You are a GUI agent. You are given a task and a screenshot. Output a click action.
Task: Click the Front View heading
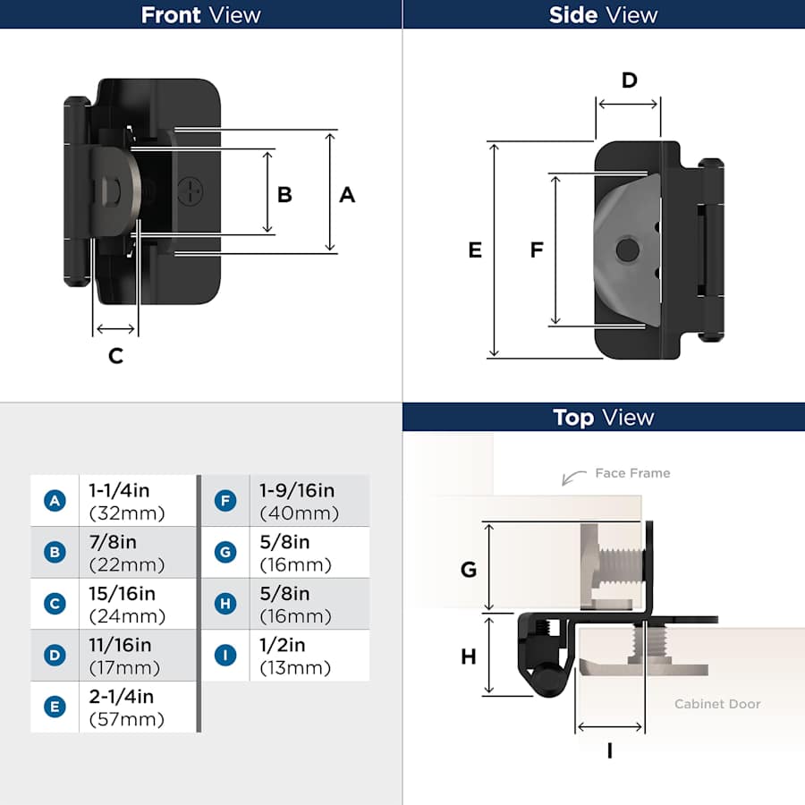point(200,15)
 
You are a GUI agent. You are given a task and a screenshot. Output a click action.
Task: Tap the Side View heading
point(603,15)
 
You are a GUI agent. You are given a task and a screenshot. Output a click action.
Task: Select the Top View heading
point(603,418)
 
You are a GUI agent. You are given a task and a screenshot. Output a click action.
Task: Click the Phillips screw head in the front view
point(190,191)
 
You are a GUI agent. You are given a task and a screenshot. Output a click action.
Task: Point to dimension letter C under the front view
point(116,356)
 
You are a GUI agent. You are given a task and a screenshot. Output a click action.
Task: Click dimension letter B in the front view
point(284,195)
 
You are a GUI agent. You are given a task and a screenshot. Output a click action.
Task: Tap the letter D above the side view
point(630,80)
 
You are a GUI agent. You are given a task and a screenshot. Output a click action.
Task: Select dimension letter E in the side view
point(475,250)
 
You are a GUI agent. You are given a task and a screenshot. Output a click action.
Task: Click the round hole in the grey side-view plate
point(627,250)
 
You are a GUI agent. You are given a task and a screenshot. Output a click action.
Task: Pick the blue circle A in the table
point(55,501)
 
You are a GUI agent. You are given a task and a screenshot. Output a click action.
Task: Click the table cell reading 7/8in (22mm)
point(138,553)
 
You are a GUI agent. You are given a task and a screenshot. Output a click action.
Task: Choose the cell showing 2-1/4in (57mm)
point(138,707)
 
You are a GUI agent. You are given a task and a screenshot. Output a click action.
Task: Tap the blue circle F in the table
point(225,501)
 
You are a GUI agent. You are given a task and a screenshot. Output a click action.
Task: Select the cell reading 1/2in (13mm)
point(309,656)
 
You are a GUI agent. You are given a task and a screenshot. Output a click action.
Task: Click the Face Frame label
point(632,473)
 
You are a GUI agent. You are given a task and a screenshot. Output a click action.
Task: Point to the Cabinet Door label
point(717,704)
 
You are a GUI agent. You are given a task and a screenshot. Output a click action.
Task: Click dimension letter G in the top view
point(468,570)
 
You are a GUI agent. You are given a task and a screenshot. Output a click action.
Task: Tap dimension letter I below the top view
point(610,751)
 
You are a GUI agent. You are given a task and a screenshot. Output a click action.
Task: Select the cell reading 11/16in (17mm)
point(138,656)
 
